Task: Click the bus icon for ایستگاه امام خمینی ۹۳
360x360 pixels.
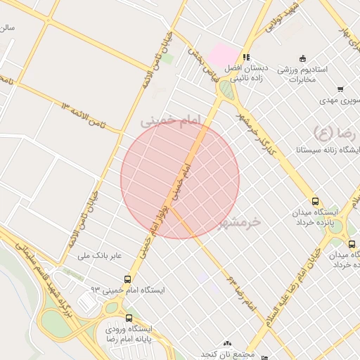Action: tap(127, 279)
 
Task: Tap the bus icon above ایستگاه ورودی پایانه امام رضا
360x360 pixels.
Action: tap(127, 316)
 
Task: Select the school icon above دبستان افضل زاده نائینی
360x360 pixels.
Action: tap(246, 57)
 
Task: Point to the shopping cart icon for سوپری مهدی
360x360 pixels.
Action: tap(340, 89)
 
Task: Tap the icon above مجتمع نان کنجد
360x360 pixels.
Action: tap(226, 344)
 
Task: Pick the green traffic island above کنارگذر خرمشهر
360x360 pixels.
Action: tap(226, 90)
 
